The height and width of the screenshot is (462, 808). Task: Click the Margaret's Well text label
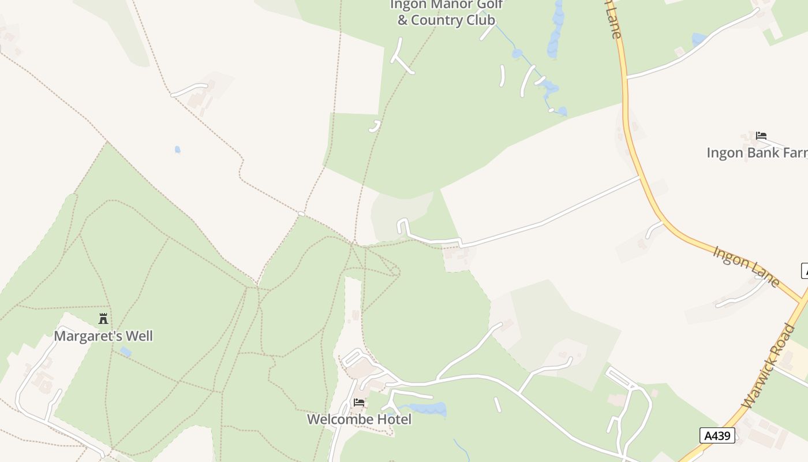click(103, 336)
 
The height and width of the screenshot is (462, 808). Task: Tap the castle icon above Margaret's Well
click(103, 318)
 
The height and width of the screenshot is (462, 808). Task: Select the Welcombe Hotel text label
click(359, 419)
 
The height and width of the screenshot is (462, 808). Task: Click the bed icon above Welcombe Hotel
click(359, 403)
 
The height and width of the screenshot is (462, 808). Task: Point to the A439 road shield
click(717, 435)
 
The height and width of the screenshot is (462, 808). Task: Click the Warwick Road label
click(770, 367)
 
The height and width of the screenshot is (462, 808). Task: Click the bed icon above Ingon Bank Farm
click(761, 136)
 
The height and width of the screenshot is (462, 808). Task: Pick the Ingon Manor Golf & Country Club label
click(446, 12)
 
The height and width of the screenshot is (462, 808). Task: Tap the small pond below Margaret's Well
click(125, 352)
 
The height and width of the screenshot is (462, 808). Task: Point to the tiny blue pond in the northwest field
click(178, 150)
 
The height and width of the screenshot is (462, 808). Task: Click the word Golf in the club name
click(489, 5)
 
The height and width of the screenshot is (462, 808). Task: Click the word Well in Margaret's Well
click(139, 336)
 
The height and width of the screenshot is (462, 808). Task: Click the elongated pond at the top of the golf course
click(556, 29)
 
